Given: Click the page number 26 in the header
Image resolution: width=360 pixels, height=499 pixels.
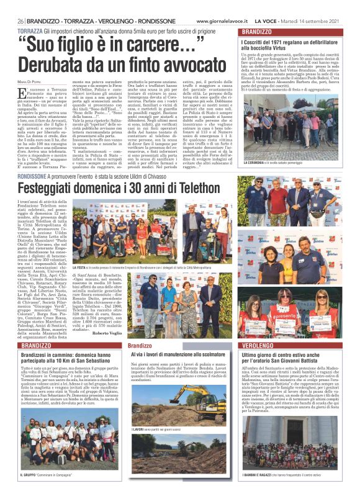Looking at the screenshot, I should point(12,19).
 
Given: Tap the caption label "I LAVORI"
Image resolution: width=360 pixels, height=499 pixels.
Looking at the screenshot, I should point(140,429).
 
